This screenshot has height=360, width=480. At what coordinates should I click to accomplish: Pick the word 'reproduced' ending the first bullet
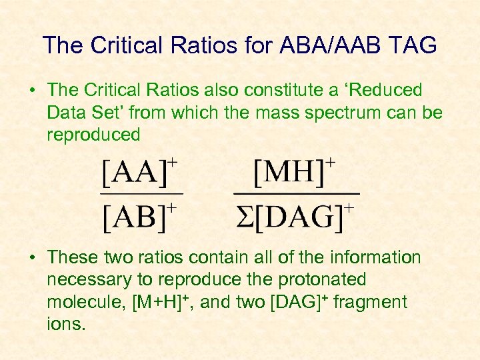tap(93, 135)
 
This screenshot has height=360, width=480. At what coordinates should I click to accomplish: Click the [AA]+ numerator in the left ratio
tap(139, 174)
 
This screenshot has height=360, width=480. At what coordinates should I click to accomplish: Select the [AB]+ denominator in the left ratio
tap(139, 217)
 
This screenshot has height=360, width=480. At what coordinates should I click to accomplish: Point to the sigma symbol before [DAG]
tap(244, 217)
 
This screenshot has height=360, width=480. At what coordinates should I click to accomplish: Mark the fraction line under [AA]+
tap(141, 195)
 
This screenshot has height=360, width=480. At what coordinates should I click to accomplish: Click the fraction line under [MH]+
tap(296, 194)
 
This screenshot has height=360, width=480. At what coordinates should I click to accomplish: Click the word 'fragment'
tap(369, 302)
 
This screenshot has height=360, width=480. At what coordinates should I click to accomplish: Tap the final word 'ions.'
tap(66, 324)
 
